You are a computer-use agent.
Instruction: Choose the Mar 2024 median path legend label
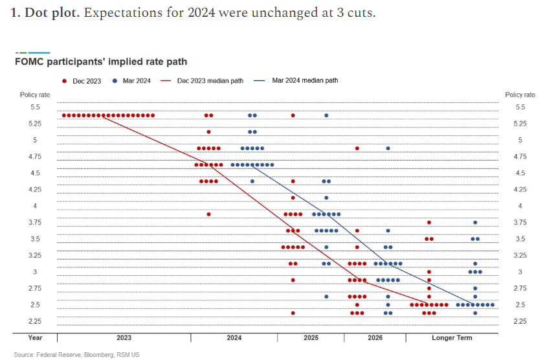(305, 81)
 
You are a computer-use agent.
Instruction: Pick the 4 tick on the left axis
(35, 206)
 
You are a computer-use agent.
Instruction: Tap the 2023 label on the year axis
(124, 338)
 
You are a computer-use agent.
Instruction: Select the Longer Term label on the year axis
(452, 338)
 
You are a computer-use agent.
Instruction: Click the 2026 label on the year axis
(375, 338)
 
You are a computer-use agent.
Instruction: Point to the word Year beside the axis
(35, 338)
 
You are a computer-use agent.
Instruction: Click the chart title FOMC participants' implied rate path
(101, 62)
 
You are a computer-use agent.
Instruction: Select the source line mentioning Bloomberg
(76, 355)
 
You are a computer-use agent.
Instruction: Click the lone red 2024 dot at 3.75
(208, 214)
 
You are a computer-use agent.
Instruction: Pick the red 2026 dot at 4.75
(357, 148)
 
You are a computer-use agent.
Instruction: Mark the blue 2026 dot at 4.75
(388, 148)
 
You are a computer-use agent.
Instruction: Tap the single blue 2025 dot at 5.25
(326, 115)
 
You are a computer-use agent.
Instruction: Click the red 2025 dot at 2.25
(293, 313)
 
